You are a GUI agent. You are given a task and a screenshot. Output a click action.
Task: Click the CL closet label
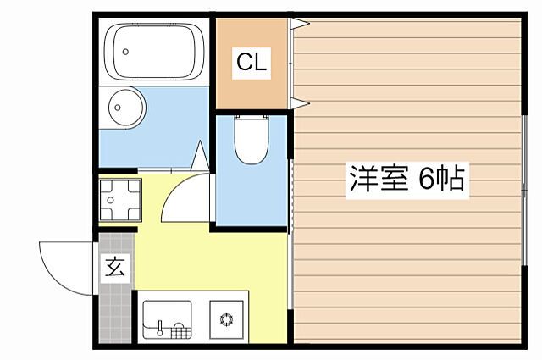pos(252,61)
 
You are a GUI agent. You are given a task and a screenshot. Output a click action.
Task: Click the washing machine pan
pos(119,200)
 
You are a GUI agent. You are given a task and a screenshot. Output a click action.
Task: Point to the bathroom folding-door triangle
pos(200,158)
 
